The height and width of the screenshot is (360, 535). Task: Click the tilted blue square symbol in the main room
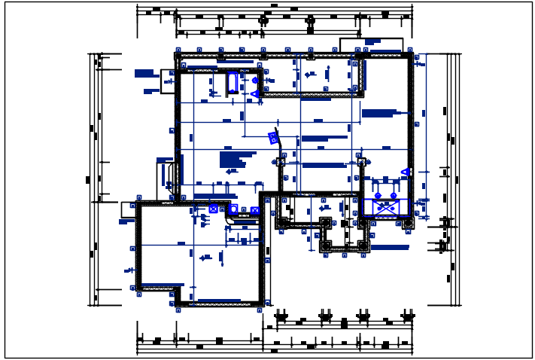tap(273, 138)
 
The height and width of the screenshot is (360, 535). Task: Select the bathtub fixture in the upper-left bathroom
tap(233, 81)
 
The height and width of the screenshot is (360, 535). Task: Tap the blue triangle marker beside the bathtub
tap(254, 93)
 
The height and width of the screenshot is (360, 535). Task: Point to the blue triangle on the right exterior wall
tap(405, 172)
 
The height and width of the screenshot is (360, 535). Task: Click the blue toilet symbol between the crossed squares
tap(233, 209)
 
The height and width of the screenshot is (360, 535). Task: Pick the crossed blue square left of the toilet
tap(214, 209)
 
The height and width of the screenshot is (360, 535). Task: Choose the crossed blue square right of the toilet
tap(255, 210)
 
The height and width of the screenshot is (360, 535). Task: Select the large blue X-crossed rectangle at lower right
tap(385, 207)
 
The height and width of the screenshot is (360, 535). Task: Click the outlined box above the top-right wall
tap(371, 44)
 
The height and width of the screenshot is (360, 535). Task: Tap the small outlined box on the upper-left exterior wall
tap(168, 81)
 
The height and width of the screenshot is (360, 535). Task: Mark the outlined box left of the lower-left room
tap(128, 209)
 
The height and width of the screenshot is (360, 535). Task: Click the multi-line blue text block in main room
tap(233, 160)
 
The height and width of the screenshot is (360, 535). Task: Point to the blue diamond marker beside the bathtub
tap(255, 80)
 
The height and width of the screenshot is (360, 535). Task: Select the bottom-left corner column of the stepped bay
tap(326, 246)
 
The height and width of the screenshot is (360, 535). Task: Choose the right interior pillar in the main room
tap(361, 161)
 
